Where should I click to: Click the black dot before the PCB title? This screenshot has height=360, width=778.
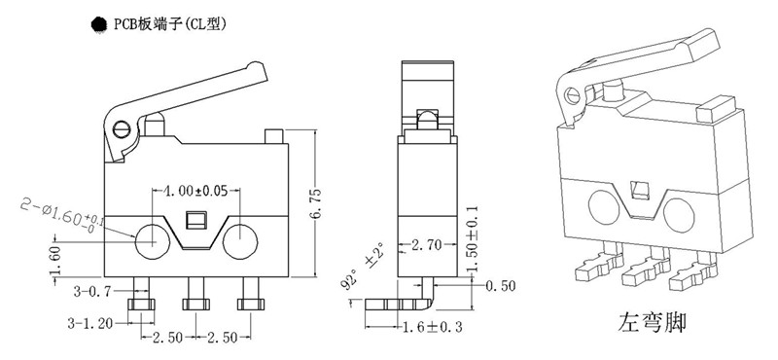tap(99, 24)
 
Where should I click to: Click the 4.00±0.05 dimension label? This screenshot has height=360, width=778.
tap(196, 192)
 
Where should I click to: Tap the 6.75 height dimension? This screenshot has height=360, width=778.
tap(318, 202)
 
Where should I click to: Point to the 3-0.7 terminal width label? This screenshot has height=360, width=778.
tap(92, 291)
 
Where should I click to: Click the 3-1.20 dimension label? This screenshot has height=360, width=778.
tap(88, 324)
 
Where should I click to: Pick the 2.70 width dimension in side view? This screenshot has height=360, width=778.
tap(427, 245)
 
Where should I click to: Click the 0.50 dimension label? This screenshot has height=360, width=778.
tap(500, 286)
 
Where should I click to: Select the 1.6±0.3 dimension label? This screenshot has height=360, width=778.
tap(432, 327)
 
